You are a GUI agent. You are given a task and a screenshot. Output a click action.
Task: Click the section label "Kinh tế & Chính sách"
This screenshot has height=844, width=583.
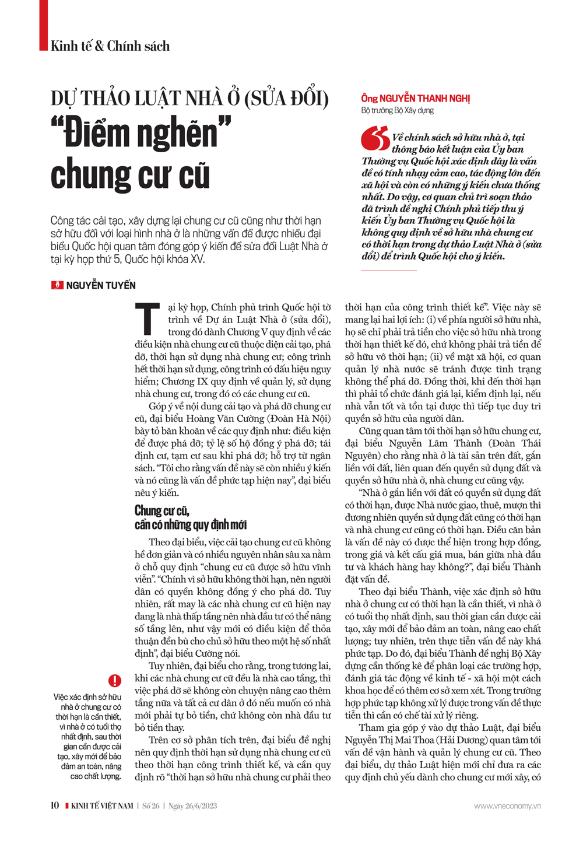point(110,46)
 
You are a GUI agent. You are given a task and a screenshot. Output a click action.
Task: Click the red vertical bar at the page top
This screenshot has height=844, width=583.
point(43,25)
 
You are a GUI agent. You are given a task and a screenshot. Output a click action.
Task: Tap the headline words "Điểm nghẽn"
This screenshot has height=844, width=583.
point(142,134)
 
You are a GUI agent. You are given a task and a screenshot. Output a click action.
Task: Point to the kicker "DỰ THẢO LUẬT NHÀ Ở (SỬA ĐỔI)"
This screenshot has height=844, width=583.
point(189,99)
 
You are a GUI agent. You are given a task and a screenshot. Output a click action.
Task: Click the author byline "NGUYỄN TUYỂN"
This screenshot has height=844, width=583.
point(101,285)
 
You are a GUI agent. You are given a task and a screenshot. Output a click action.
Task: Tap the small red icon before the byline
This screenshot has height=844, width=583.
point(57,285)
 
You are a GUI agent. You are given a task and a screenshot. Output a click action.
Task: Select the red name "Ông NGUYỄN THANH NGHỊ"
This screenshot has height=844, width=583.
point(415,99)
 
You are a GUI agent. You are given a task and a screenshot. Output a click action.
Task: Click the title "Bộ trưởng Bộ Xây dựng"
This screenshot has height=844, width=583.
point(397,110)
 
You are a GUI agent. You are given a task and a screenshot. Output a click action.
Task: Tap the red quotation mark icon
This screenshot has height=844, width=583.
point(375,138)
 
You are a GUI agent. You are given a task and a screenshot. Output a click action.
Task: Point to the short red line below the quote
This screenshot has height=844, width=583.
point(389,271)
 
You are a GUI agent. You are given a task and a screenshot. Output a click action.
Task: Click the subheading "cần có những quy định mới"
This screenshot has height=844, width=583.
point(191,525)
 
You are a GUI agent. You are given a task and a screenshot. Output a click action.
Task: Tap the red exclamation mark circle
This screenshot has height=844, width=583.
point(115,680)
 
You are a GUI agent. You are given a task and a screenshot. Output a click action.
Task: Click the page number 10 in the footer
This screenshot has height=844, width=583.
point(55,806)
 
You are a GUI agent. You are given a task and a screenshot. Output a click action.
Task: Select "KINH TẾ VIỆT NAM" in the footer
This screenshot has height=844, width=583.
point(102,806)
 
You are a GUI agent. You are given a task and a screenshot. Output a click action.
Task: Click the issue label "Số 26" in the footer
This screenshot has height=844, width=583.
point(151,806)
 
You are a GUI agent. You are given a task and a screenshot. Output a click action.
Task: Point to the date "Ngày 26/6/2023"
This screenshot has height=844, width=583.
point(193,806)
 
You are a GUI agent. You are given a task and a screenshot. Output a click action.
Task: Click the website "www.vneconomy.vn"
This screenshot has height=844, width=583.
point(507,806)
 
